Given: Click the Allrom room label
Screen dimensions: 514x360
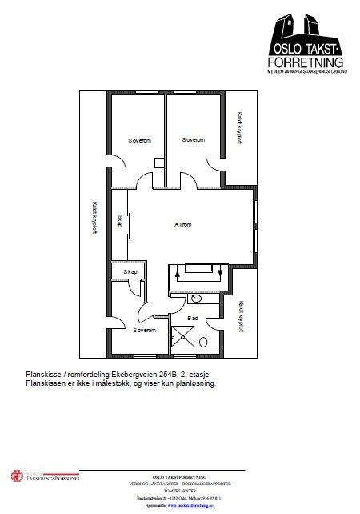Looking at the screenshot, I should point(183,225).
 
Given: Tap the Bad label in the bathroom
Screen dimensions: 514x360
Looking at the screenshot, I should point(192,318).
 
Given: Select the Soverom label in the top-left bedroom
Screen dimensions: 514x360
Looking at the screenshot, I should point(140,140).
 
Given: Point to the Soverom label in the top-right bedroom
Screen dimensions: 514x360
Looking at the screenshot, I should point(194,140).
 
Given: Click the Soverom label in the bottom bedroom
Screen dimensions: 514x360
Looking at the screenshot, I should point(145,330).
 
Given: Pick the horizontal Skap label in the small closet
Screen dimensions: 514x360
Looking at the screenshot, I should point(130,272).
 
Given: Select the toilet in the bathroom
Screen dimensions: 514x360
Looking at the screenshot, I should point(203,342).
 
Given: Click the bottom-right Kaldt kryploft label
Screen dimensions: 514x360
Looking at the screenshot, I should point(239,315).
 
